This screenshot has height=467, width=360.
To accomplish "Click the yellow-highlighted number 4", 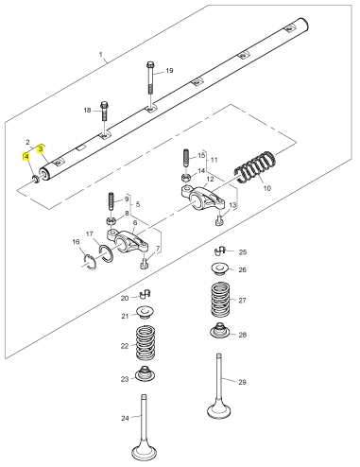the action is coord(26,157).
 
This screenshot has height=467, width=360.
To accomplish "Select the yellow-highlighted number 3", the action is coord(41,148).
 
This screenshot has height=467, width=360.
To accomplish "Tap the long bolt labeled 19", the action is coord(150,78).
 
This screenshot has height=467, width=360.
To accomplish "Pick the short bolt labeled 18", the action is coord(104,112).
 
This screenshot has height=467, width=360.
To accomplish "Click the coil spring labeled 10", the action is coord(255,166).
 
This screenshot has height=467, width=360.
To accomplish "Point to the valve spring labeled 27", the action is coord(221,300).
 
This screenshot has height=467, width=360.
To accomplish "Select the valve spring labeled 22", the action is coord(146,343).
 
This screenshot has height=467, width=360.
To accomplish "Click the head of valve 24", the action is coord(144,453).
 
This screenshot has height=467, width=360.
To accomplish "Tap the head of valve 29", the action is coord(219,410).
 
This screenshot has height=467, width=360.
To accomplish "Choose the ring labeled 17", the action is coord(105,252).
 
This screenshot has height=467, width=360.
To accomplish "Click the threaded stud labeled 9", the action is coord(111,201).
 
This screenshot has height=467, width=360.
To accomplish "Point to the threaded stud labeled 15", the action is coord(186,158).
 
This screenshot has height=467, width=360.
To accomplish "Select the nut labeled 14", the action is coord(186,178).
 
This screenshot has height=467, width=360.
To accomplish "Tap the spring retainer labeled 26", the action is coord(219,269).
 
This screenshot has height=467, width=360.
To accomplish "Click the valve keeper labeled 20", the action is coord(146,294).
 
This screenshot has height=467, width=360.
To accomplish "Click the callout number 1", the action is coord(101,55).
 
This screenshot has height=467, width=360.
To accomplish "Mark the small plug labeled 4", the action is coord(36,180).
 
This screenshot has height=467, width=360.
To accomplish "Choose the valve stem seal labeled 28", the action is coord(219,330).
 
